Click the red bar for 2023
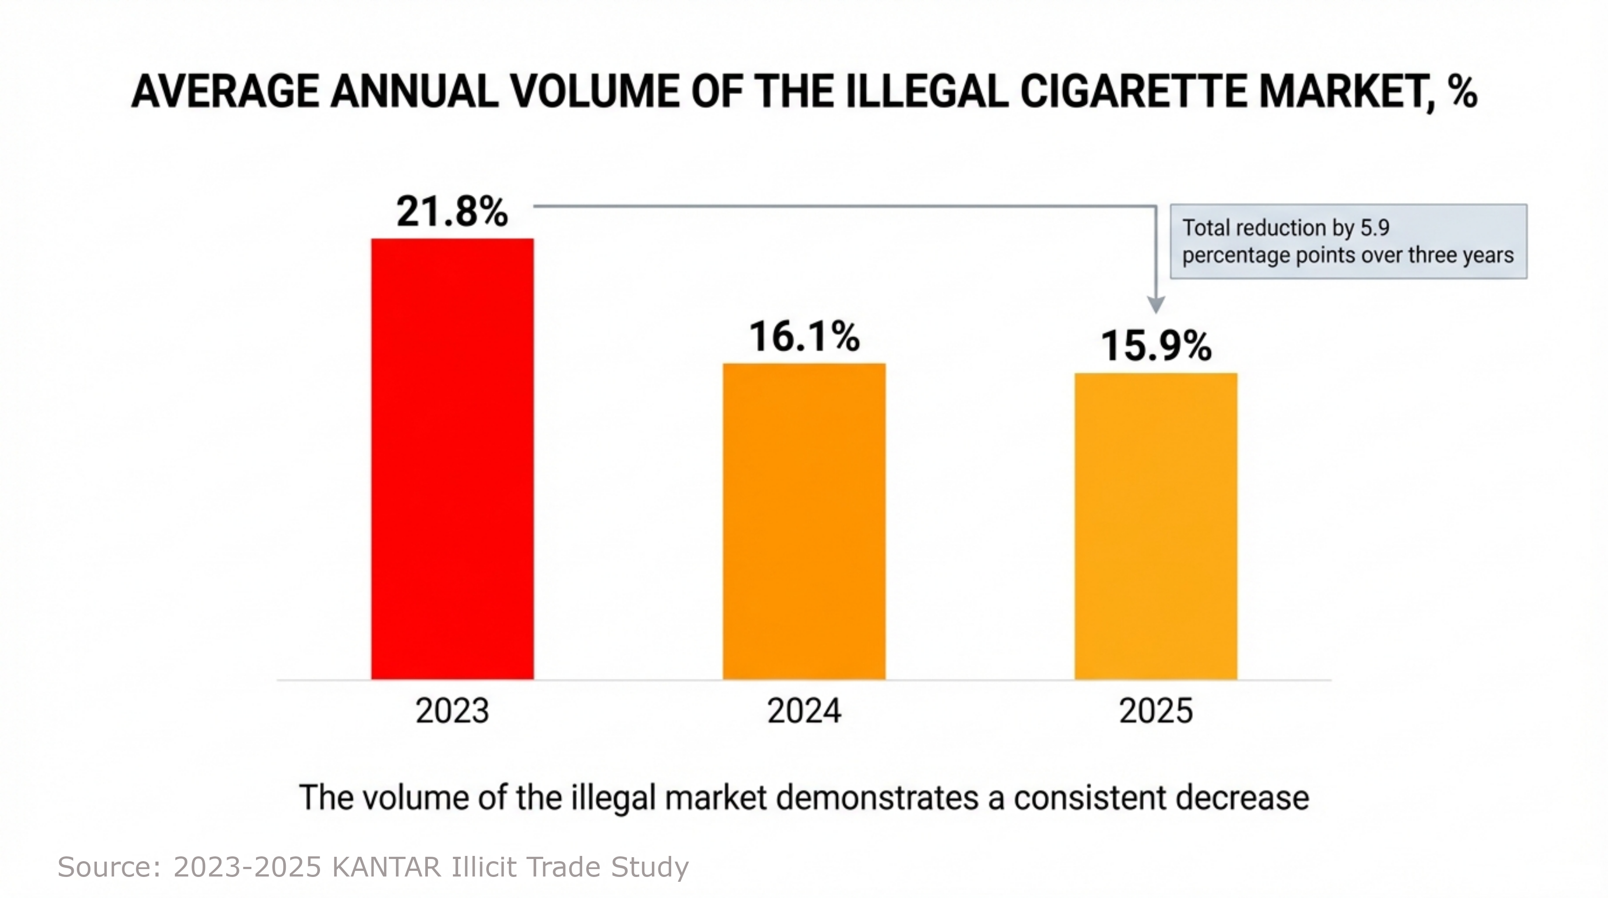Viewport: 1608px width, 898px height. (x=452, y=459)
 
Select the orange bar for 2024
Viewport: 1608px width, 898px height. (x=804, y=521)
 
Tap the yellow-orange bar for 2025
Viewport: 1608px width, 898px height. (x=1156, y=527)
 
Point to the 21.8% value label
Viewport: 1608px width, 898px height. (x=452, y=212)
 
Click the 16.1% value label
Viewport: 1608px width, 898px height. (x=804, y=337)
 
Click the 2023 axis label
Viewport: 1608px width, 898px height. (x=452, y=711)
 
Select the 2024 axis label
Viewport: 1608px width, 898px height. (x=804, y=711)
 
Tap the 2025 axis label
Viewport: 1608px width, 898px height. (x=1156, y=711)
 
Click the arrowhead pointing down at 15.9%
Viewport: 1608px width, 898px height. (x=1156, y=304)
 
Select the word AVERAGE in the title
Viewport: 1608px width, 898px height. (x=225, y=92)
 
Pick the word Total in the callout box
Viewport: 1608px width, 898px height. (x=1206, y=228)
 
